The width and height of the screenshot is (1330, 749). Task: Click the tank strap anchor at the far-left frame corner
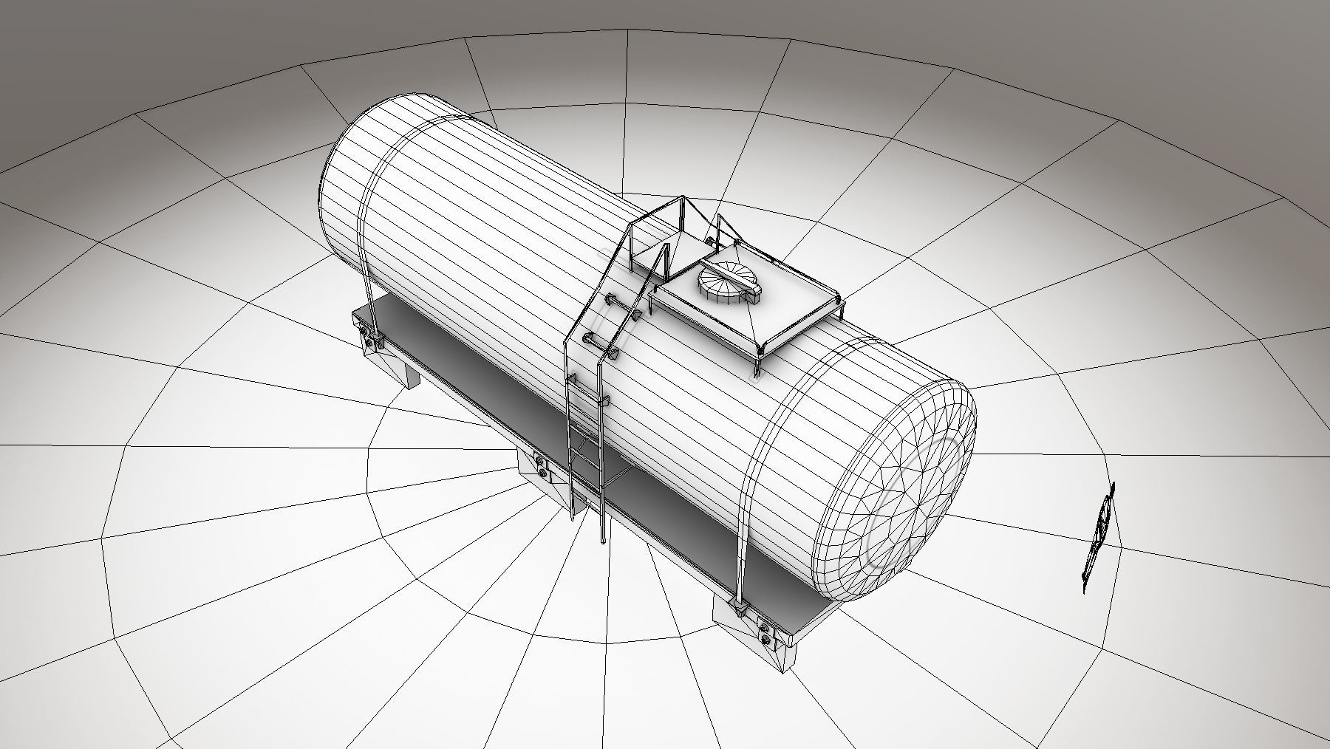[375, 339]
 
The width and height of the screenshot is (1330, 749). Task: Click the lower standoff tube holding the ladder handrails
[591, 341]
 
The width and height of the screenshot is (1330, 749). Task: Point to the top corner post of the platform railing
[683, 198]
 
